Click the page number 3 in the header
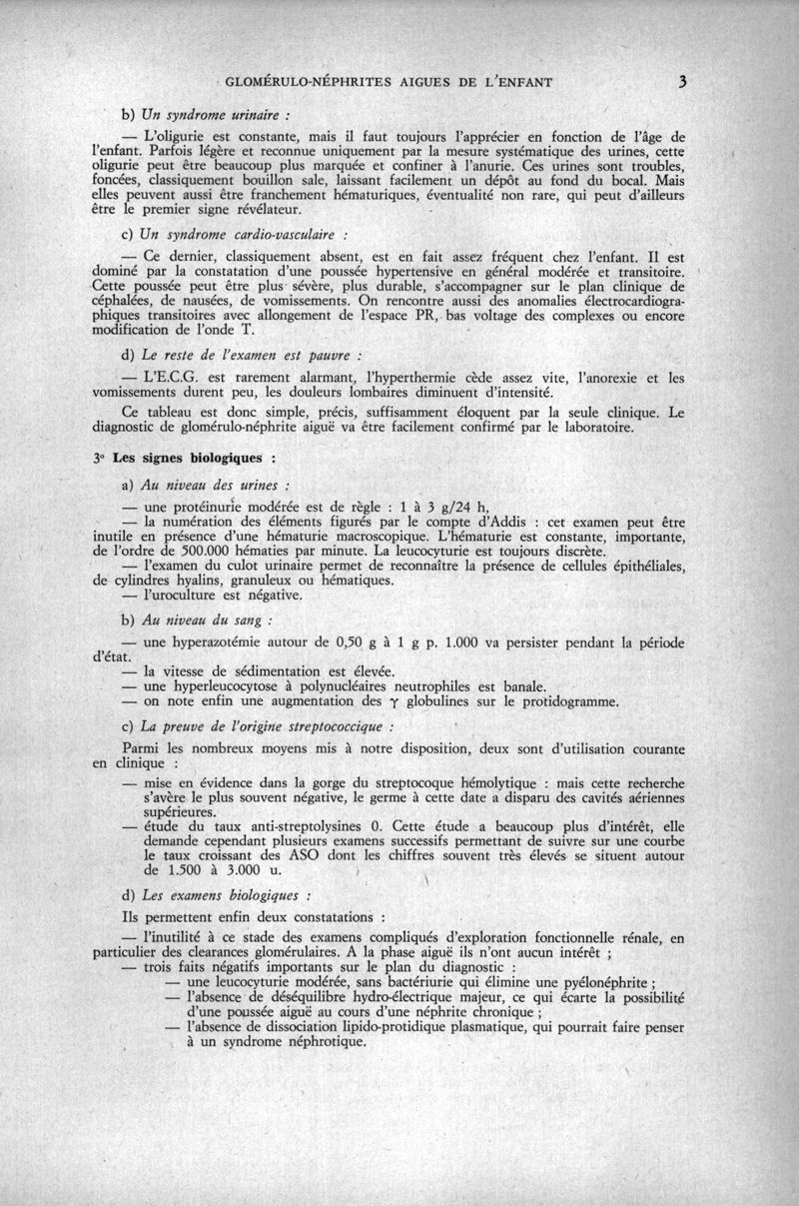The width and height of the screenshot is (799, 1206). pyautogui.click(x=679, y=82)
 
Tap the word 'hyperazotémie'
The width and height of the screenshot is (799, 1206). pyautogui.click(x=225, y=642)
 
